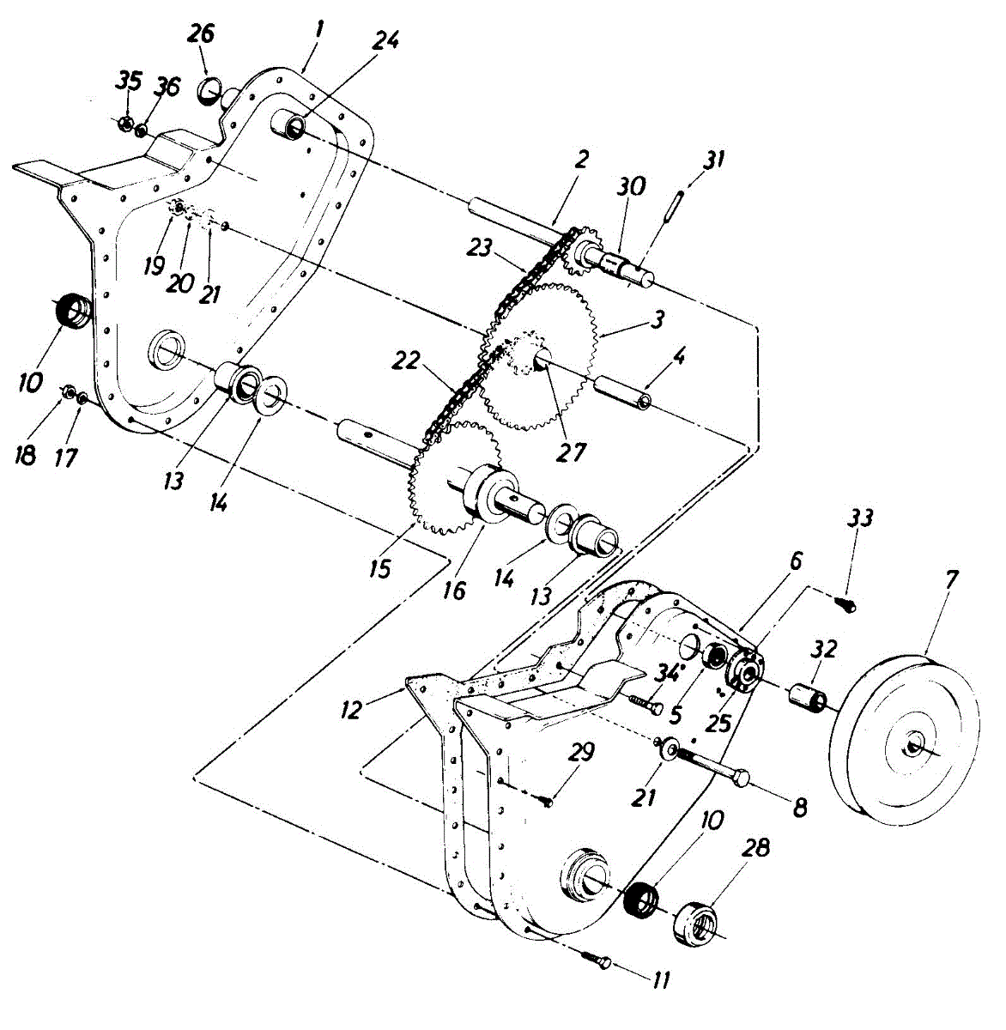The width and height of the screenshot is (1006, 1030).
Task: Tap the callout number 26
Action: point(202,34)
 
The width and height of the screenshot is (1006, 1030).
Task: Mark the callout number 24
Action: point(386,40)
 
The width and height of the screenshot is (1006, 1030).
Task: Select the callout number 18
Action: point(26,455)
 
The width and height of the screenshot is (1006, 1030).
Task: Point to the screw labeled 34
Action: point(646,705)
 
